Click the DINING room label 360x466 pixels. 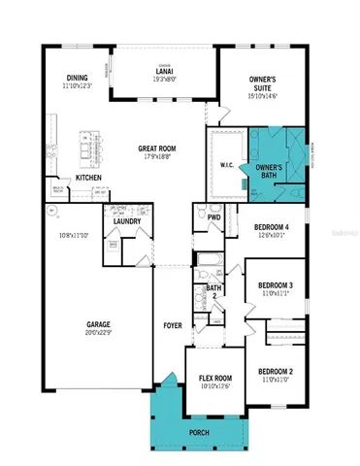(x=79, y=79)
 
